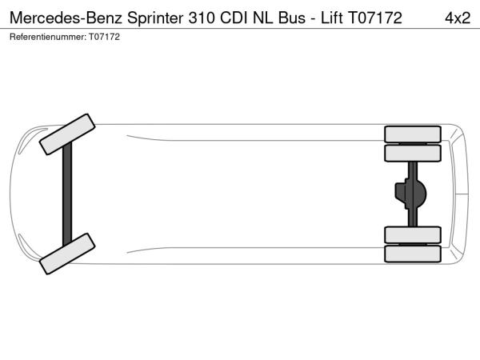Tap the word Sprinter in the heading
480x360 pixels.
[155, 18]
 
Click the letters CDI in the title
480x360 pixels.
[234, 18]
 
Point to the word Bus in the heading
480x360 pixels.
[292, 18]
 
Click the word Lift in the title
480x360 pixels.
[331, 18]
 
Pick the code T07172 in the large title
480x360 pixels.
[375, 18]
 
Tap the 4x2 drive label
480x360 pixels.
[458, 18]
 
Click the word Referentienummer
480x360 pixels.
[48, 37]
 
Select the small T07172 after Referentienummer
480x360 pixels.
[104, 37]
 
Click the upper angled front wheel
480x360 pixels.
[67, 134]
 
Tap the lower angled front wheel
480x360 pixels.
[67, 254]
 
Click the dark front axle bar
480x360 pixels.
[67, 194]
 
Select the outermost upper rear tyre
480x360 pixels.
[413, 134]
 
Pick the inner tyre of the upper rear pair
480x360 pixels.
[413, 153]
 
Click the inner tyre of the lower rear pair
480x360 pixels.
[413, 234]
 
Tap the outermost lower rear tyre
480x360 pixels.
[413, 254]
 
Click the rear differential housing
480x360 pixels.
[411, 194]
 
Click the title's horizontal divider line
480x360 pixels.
[240, 29]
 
